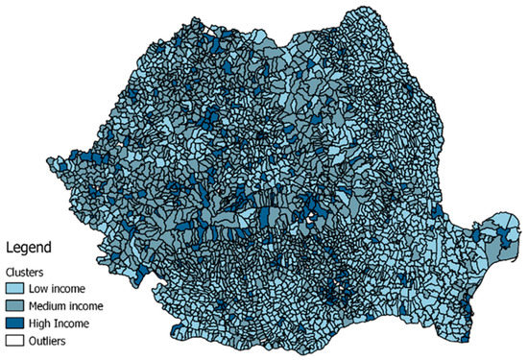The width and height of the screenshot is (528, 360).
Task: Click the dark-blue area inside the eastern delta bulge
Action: [x=491, y=229]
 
